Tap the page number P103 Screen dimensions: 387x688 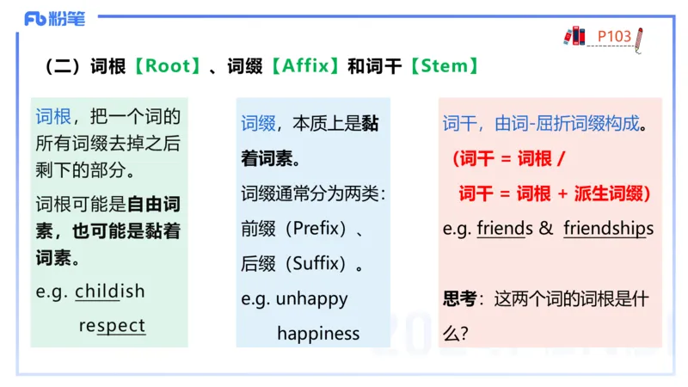tap(614, 36)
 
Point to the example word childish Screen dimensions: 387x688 tap(110, 291)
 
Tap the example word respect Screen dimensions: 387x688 tap(112, 326)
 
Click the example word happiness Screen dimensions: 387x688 tap(318, 333)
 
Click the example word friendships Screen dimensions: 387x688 tap(608, 229)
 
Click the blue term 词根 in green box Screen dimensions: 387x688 tap(53, 117)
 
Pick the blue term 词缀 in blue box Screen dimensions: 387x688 tap(258, 124)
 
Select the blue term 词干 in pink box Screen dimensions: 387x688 tap(459, 124)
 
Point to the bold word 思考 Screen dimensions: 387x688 tap(459, 299)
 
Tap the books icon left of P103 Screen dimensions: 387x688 tap(574, 35)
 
